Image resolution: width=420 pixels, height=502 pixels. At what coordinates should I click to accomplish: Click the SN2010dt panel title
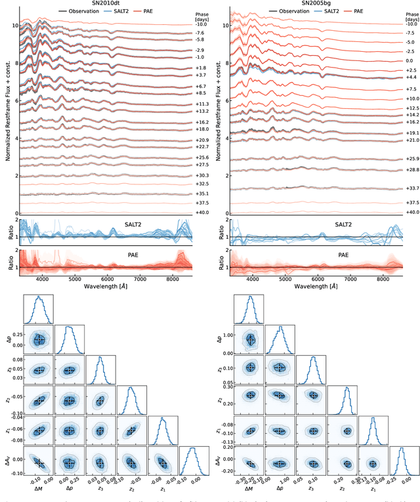106,3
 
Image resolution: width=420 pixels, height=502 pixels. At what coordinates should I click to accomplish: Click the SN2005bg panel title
316,3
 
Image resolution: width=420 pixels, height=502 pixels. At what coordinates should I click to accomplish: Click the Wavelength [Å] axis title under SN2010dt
106,287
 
